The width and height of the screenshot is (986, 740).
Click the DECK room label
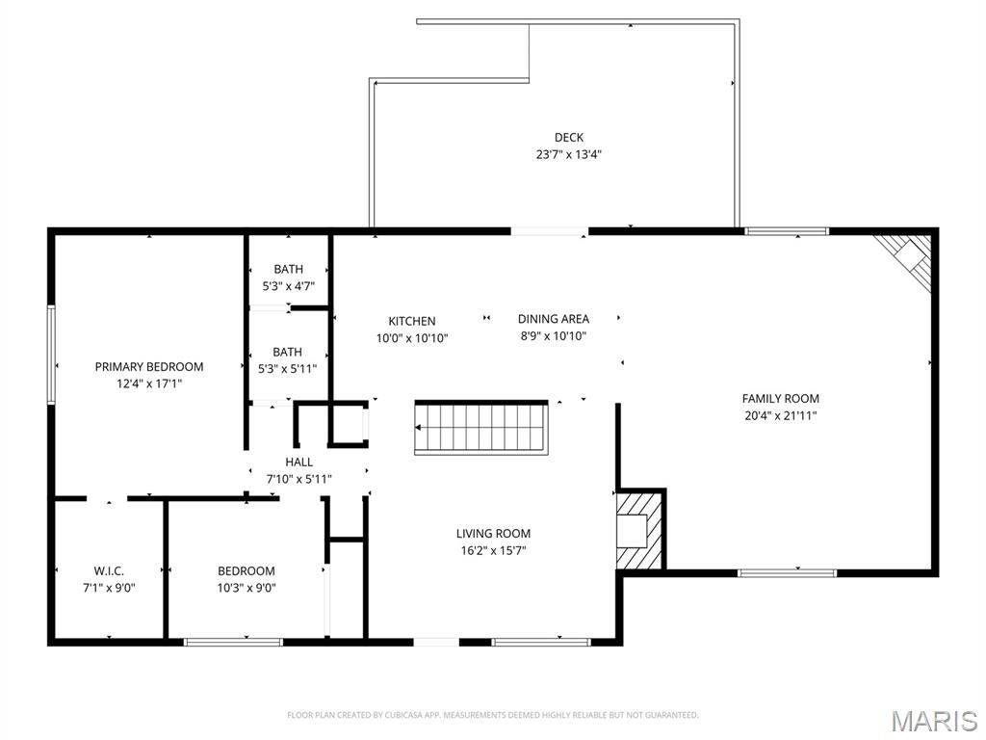[x=568, y=137]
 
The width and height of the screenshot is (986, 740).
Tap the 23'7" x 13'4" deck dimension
[x=568, y=154]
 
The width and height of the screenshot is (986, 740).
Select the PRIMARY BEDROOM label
[x=149, y=366]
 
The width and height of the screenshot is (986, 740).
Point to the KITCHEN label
[x=412, y=321]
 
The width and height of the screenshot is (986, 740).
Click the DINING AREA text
[x=554, y=319]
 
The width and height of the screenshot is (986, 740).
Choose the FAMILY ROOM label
[x=780, y=398]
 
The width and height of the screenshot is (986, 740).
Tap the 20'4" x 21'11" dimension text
[x=780, y=415]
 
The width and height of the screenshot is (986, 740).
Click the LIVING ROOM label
[x=493, y=534]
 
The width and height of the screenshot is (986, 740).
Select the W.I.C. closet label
[x=109, y=570]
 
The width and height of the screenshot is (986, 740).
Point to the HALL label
[x=298, y=462]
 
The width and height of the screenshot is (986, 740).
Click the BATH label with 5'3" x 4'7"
[x=288, y=269]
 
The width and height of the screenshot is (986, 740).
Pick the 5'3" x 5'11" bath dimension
[x=287, y=369]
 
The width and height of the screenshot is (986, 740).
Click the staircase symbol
[x=481, y=427]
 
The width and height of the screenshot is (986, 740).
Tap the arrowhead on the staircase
[x=418, y=428]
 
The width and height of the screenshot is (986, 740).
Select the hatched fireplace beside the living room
[x=639, y=531]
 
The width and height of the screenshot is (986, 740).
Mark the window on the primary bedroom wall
[x=52, y=355]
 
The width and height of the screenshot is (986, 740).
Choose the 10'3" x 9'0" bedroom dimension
[x=246, y=588]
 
